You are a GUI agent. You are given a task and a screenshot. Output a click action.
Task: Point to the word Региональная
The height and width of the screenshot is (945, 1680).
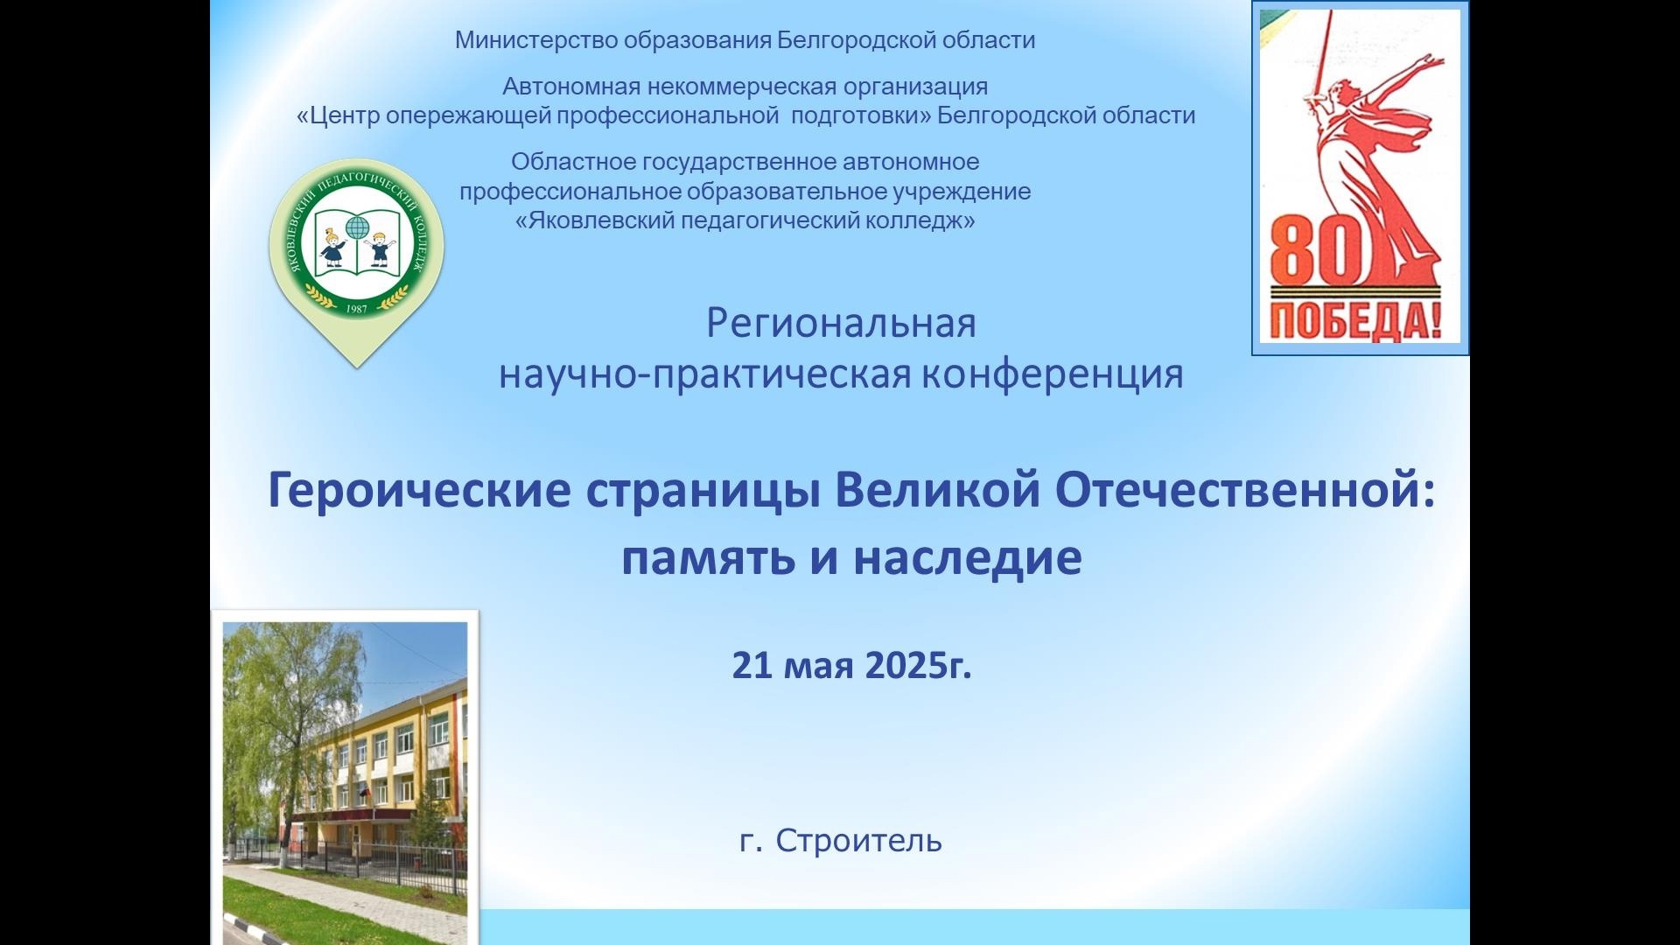[x=841, y=324]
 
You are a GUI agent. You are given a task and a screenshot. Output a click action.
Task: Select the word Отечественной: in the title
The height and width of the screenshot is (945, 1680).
[x=1245, y=490]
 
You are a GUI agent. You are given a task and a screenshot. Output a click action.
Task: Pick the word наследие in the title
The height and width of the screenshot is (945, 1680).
[x=968, y=557]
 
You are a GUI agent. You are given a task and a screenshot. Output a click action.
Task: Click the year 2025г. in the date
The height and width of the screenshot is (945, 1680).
[x=918, y=666]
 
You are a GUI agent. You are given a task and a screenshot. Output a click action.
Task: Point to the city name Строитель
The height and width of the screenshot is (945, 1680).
[x=858, y=841]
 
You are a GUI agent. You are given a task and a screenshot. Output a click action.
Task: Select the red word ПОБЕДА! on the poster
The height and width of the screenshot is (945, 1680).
[x=1355, y=322]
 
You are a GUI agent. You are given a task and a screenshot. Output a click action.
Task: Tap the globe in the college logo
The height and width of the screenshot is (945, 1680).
[x=356, y=228]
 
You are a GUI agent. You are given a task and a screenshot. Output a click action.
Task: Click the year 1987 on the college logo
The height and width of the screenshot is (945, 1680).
[x=357, y=308]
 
